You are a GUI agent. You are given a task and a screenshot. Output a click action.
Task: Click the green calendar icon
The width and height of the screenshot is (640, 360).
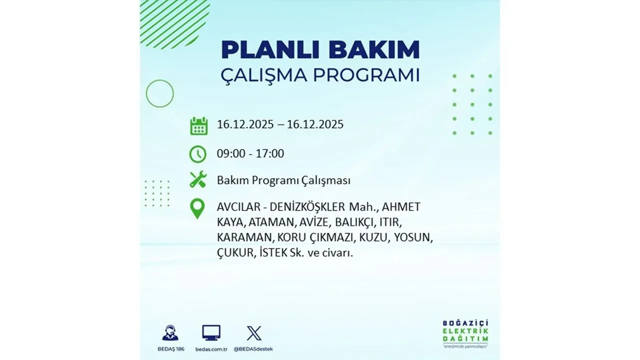pos(198,125)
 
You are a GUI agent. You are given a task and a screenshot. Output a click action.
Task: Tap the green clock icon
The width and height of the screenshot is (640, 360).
pos(198,153)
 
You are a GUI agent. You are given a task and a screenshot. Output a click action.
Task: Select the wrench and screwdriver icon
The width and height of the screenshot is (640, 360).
pos(198,179)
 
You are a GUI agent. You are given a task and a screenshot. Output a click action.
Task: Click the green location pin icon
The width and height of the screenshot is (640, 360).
pos(198,208)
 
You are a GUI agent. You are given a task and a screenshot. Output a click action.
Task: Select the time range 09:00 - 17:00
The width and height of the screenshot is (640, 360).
pos(250,153)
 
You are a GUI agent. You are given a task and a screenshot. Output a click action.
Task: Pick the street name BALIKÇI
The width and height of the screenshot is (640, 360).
pos(349,222)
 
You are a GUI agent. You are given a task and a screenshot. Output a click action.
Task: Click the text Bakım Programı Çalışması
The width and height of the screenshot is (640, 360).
pos(283,180)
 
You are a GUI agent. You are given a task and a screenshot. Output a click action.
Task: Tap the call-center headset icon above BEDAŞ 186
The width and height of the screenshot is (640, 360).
pos(170,333)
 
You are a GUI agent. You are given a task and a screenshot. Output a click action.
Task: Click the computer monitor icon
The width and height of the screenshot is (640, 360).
pos(211,333)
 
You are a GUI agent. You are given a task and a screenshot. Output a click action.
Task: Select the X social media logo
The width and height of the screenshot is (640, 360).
pos(253,333)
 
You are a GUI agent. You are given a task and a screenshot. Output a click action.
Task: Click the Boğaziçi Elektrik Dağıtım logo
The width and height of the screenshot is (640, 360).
pos(465,333)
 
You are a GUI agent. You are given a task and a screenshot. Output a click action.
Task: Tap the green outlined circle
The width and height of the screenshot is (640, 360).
pos(159,93)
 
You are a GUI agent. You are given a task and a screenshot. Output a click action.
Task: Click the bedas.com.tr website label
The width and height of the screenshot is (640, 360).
pos(211,348)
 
